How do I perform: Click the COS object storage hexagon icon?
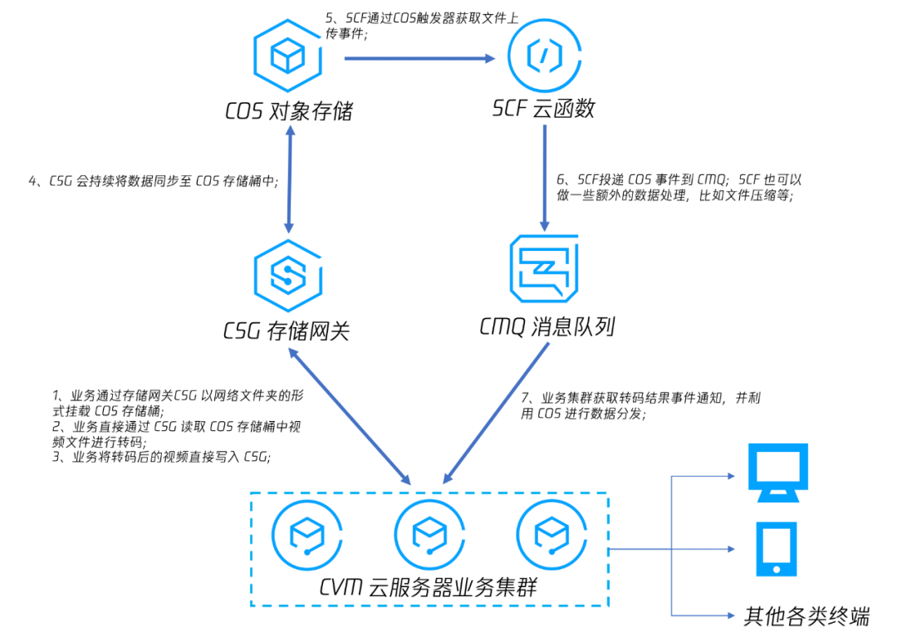(x=287, y=56)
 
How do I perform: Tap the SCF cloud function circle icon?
(x=544, y=56)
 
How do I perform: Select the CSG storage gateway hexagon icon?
(x=287, y=276)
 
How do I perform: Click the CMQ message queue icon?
(x=544, y=268)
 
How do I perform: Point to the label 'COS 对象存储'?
(x=289, y=111)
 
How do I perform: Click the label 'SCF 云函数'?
(x=543, y=108)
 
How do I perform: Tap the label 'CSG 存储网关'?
(x=286, y=331)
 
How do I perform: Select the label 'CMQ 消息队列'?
(x=547, y=326)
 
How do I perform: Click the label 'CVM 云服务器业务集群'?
(x=429, y=587)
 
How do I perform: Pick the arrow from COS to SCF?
(x=419, y=58)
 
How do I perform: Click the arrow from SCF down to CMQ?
(x=545, y=178)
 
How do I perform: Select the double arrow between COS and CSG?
(x=290, y=179)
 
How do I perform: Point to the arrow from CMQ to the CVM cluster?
(x=496, y=414)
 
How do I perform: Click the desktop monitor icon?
(x=778, y=473)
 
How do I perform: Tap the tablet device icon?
(x=777, y=549)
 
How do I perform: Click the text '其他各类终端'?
(x=806, y=616)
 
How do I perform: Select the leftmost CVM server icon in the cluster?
(x=307, y=535)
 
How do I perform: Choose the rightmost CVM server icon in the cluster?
(x=551, y=535)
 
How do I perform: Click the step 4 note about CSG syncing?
(x=154, y=181)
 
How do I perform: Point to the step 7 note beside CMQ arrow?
(x=640, y=405)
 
